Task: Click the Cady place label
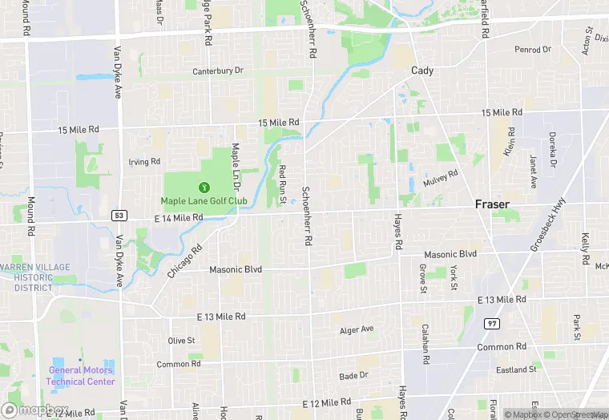[x=422, y=71]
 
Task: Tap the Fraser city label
[x=491, y=204]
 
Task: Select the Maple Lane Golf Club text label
[x=204, y=200]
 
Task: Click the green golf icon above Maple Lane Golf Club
[x=203, y=187]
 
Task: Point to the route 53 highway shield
[x=119, y=216]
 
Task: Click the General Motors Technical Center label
[x=80, y=375]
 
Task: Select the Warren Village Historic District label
[x=34, y=277]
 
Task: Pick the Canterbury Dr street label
[x=217, y=71]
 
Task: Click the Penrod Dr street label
[x=533, y=50]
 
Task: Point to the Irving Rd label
[x=144, y=161]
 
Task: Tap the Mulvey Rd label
[x=441, y=178]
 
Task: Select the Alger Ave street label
[x=357, y=329]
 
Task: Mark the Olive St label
[x=181, y=341]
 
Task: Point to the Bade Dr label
[x=353, y=375]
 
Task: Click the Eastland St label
[x=516, y=370]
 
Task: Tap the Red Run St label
[x=282, y=183]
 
